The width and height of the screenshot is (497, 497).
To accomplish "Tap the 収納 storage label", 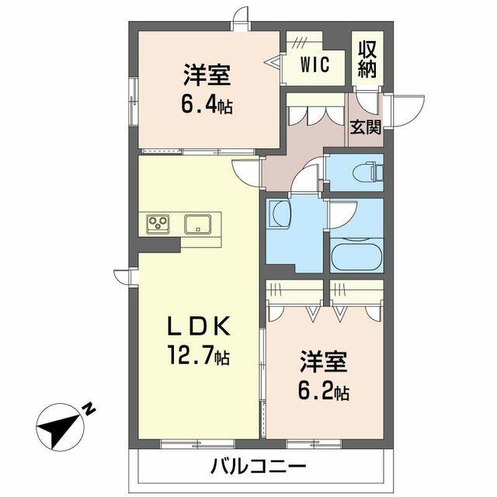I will pyautogui.click(x=368, y=58).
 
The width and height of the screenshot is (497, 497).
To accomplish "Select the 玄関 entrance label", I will pyautogui.click(x=365, y=127).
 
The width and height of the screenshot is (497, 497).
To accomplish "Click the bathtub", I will pyautogui.click(x=355, y=255).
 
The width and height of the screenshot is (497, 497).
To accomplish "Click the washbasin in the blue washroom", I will pyautogui.click(x=278, y=215).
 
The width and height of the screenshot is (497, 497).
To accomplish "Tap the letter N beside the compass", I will pyautogui.click(x=89, y=407).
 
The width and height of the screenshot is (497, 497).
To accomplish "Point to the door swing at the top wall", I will pyautogui.click(x=241, y=17).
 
